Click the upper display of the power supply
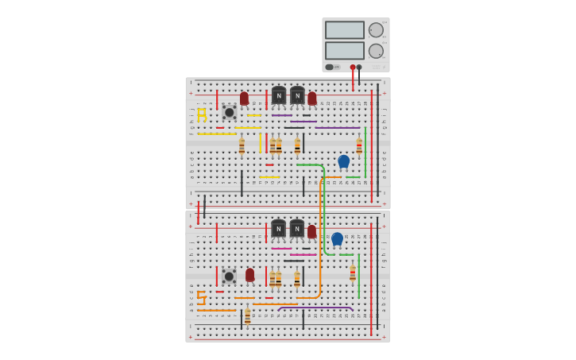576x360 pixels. (x=344, y=30)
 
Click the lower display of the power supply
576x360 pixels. (x=344, y=50)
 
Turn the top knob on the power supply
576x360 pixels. (x=376, y=30)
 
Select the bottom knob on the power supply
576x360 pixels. (x=376, y=51)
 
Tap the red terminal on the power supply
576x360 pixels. (x=353, y=68)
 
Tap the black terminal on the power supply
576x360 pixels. (x=359, y=68)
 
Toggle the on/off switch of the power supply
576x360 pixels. (x=330, y=67)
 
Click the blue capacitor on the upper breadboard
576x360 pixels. (x=343, y=161)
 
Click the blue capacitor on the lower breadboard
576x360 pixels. (x=337, y=238)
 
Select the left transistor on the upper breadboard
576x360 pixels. (x=278, y=96)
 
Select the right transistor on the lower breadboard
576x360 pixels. (x=296, y=229)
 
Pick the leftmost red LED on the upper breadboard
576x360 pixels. (x=244, y=99)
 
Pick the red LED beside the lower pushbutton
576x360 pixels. (x=249, y=275)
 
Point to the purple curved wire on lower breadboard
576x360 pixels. (x=318, y=308)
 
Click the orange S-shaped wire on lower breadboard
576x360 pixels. (x=201, y=298)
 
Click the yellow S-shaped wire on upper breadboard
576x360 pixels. (x=202, y=115)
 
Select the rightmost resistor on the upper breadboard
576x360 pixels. (x=359, y=145)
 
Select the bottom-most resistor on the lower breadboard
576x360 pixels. (x=247, y=316)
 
